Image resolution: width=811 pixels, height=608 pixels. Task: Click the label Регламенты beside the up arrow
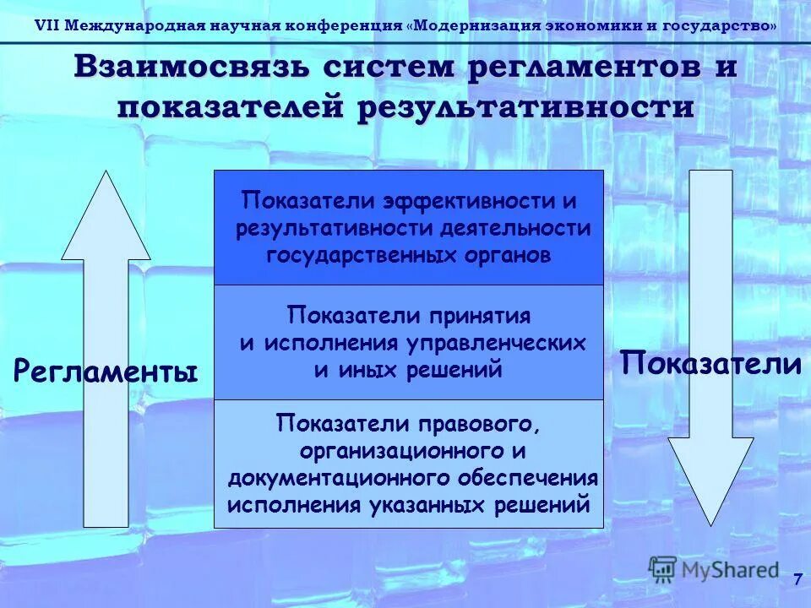(x=106, y=372)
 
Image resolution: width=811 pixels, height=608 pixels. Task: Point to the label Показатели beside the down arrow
(x=710, y=364)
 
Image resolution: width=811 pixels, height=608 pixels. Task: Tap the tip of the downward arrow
(x=712, y=521)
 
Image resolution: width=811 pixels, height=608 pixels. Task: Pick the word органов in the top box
(x=514, y=255)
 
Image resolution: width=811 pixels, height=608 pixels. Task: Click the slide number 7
(x=796, y=579)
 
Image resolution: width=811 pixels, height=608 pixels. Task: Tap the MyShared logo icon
(x=663, y=569)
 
